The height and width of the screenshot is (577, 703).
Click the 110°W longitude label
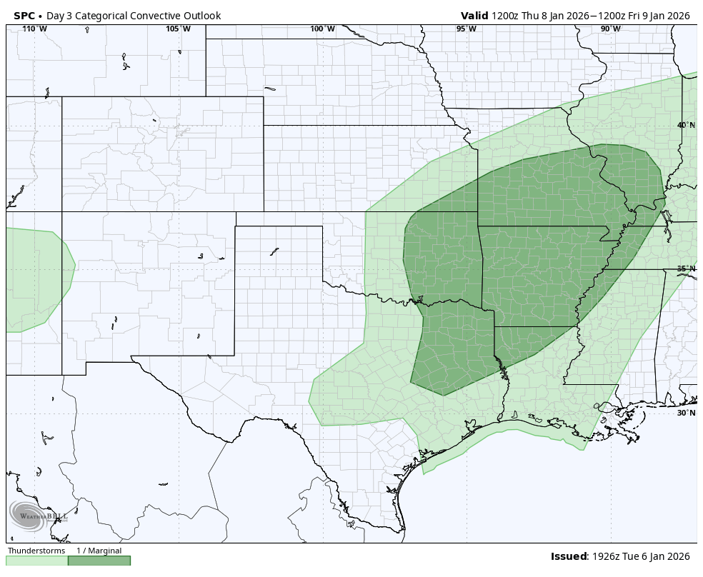34,29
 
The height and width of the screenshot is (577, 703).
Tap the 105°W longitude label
178,29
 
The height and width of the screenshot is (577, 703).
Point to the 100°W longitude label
322,29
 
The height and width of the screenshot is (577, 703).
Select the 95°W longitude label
466,29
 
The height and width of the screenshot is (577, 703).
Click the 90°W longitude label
610,29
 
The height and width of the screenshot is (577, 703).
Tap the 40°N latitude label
686,126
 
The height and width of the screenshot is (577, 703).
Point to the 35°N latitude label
686,269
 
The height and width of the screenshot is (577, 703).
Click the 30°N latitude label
686,413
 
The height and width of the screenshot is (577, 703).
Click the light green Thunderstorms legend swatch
37,561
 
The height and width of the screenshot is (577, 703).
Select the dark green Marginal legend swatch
99,561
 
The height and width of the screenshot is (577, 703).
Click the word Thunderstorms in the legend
36,551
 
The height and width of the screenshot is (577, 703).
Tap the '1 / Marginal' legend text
99,551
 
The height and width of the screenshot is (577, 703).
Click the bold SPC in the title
24,16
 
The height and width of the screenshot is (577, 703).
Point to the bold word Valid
474,16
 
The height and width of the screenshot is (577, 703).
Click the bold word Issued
568,556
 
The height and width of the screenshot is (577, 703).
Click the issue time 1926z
606,556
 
